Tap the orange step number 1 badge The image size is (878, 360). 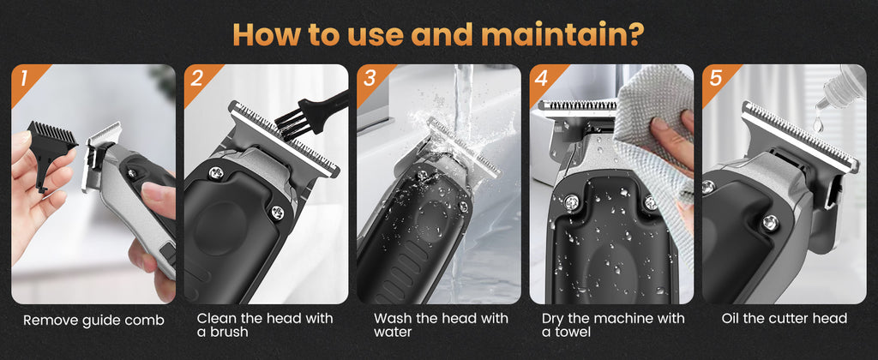(25, 80)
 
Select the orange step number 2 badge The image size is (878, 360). (197, 80)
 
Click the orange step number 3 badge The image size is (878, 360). (370, 80)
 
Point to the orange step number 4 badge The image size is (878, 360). (542, 80)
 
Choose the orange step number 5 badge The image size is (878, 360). (715, 80)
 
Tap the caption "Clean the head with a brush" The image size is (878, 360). (265, 325)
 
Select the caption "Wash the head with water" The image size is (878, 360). (441, 325)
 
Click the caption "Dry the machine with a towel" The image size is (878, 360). (613, 325)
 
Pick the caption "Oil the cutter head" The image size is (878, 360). (784, 319)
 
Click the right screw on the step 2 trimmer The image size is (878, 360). (278, 212)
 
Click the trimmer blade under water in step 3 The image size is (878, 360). (463, 146)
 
